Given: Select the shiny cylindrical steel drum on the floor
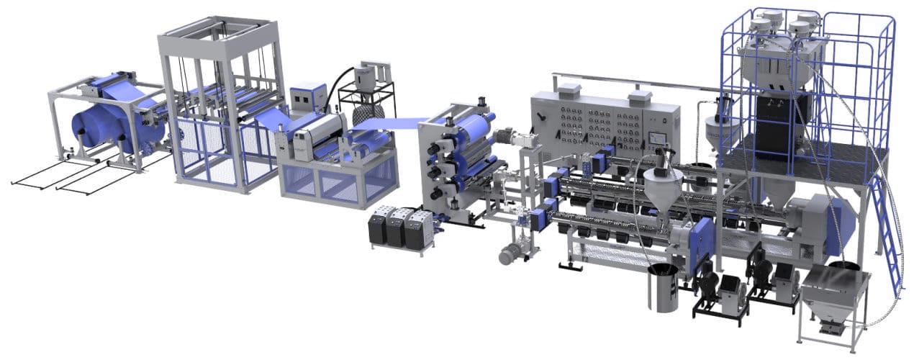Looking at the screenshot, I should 662,288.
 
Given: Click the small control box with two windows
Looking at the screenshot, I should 309,98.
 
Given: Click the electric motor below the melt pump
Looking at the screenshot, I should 514,251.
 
